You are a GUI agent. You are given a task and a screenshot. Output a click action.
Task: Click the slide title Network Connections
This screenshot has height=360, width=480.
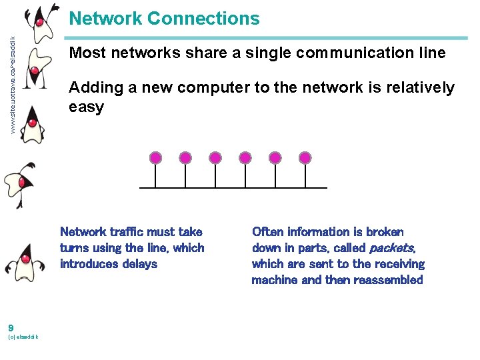coord(164,19)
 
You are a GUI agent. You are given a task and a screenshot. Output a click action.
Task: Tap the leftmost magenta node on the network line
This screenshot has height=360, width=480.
coord(155,158)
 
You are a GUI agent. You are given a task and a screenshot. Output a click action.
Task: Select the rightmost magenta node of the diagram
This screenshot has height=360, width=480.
coord(305,158)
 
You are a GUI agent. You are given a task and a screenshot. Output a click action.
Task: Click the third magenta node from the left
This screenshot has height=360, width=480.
coord(215,158)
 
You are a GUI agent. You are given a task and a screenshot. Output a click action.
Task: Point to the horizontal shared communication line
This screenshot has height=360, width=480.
coord(233,188)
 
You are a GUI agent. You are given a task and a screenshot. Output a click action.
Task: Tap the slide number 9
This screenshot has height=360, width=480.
coord(11,327)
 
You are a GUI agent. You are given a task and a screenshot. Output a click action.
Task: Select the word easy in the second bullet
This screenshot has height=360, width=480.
coord(87,107)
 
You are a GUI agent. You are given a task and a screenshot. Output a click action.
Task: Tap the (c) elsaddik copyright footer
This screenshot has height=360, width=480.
coord(23,337)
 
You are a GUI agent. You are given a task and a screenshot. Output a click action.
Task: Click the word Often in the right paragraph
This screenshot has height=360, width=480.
coord(267,232)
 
